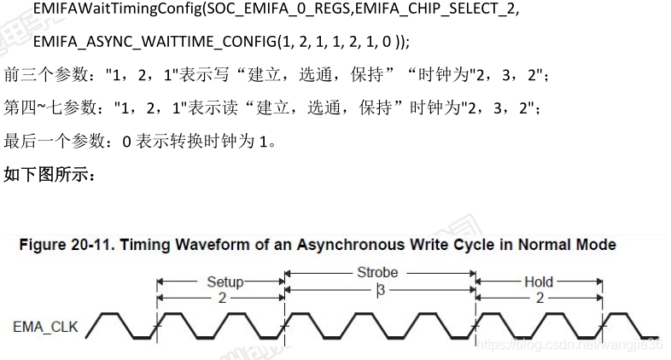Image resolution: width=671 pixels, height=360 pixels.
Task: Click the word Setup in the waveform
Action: click(x=225, y=281)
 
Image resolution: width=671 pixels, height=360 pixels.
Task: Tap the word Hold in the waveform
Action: click(x=539, y=281)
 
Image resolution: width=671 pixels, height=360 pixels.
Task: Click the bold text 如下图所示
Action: click(x=51, y=175)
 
